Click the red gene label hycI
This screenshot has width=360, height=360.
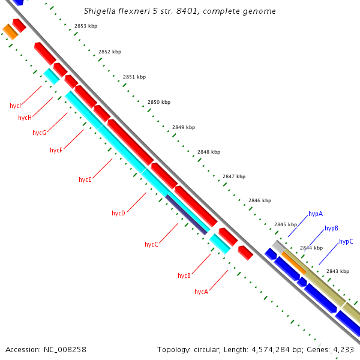coord(16,106)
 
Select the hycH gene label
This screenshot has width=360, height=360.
coord(25,118)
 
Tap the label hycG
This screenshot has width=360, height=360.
coord(39,133)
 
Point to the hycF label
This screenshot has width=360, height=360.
coord(56,150)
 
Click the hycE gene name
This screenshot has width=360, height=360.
coord(85,179)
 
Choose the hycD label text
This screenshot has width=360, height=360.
coord(118,213)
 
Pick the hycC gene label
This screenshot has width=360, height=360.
coord(151,244)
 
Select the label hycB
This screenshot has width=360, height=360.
coord(184,275)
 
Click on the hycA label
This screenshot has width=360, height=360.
coord(201,292)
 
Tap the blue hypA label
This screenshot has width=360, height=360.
coord(316,214)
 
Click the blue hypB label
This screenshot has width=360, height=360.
coord(331,228)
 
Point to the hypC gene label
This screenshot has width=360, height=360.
coord(346,241)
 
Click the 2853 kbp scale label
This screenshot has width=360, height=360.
coord(86,26)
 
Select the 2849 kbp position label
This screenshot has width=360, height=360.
coord(184,127)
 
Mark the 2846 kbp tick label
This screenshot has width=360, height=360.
coord(260,200)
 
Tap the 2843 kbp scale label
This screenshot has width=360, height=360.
coord(338,271)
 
